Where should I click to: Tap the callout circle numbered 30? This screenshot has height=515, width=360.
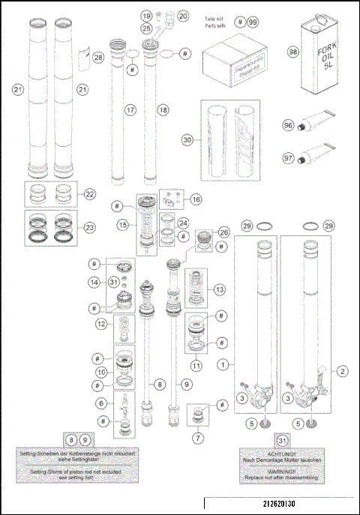pos(187,139)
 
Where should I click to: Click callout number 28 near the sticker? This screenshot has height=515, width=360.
pos(98,58)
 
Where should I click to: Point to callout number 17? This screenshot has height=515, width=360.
pos(130,109)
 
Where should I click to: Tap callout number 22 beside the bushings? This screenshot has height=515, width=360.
pos(89,194)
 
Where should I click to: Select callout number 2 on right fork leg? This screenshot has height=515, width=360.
pos(341,370)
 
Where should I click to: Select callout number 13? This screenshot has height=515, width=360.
pos(218,289)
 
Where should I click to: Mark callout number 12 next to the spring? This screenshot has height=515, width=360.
pos(100,324)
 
